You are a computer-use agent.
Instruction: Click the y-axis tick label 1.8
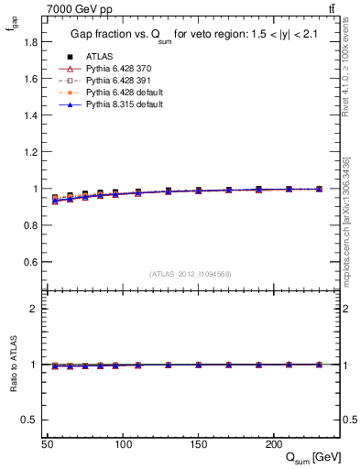pyautogui.click(x=30, y=42)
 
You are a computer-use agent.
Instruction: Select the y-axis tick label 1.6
pyautogui.click(x=30, y=79)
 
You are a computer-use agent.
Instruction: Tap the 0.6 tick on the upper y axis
pyautogui.click(x=30, y=262)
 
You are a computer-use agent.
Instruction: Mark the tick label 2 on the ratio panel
pyautogui.click(x=34, y=309)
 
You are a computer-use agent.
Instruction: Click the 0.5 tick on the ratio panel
pyautogui.click(x=30, y=420)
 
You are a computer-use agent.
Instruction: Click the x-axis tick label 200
pyautogui.click(x=273, y=443)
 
